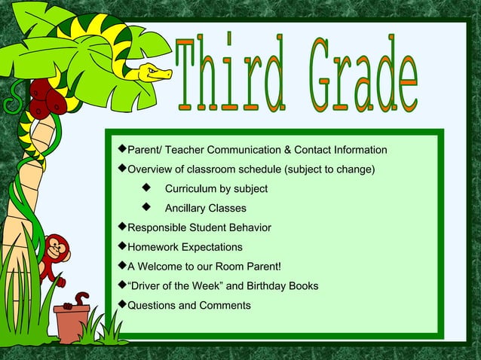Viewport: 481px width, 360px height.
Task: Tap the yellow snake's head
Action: (x=155, y=72)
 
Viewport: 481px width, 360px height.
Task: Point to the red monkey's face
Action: (x=55, y=248)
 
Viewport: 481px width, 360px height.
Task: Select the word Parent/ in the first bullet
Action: (x=146, y=150)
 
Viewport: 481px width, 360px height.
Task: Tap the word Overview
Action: (x=152, y=169)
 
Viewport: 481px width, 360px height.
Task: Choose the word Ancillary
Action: (x=188, y=208)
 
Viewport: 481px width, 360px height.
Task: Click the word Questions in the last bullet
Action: (x=152, y=306)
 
